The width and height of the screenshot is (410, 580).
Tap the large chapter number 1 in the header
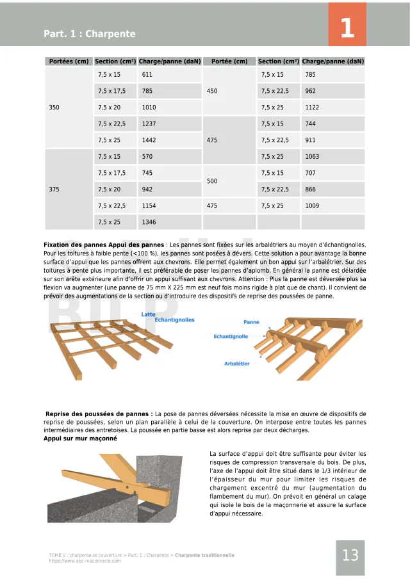[347, 28]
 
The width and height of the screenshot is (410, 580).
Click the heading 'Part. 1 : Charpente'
[89, 34]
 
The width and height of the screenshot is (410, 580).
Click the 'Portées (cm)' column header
[68, 61]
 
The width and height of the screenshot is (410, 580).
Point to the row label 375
[54, 189]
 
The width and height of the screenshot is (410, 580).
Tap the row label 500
[212, 181]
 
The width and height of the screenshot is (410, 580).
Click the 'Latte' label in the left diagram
[148, 314]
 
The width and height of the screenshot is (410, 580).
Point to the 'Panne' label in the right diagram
[251, 322]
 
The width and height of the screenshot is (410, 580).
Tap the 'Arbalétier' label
[236, 364]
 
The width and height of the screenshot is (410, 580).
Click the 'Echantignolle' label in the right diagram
[231, 336]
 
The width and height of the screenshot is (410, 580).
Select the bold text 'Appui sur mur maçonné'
[80, 439]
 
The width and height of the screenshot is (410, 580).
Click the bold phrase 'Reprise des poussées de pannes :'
[99, 414]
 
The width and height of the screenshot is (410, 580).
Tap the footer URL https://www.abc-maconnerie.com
[85, 561]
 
